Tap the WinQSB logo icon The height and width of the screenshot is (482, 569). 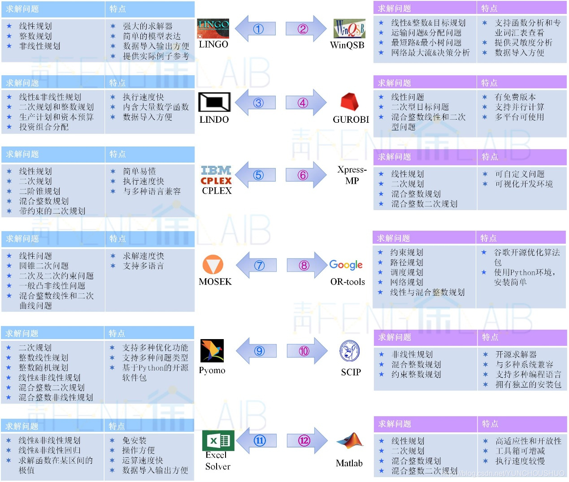pos(349,29)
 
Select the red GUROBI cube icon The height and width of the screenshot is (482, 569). pos(349,102)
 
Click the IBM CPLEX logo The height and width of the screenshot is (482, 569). pos(216,175)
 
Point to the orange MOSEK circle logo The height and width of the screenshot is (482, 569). pos(213,265)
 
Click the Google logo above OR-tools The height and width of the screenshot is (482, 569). pos(346,265)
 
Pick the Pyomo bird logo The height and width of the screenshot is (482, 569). pos(212,351)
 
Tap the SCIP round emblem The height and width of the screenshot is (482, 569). pos(349,351)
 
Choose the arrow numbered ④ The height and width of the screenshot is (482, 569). pos(306,103)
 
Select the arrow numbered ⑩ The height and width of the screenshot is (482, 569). pos(307,351)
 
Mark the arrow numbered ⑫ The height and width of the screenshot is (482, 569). pos(307,441)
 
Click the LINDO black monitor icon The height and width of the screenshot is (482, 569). pos(214,102)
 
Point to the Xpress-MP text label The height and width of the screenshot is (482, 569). pos(352,175)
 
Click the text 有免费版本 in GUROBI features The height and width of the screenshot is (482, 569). pos(515,97)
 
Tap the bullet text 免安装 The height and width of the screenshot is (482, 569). pos(134,441)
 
